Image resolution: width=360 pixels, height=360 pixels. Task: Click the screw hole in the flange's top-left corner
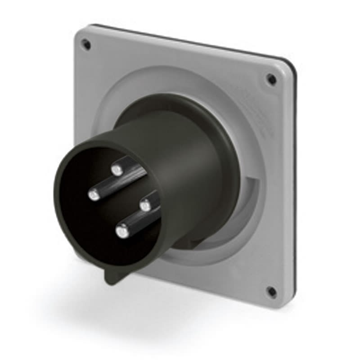pyautogui.click(x=86, y=44)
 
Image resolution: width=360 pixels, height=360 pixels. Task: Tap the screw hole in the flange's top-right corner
pyautogui.click(x=271, y=80)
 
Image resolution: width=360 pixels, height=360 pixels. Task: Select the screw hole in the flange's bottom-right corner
pyautogui.click(x=271, y=291)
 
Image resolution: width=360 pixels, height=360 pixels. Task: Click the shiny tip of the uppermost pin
pyautogui.click(x=117, y=170)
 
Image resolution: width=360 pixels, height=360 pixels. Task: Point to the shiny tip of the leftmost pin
pyautogui.click(x=94, y=194)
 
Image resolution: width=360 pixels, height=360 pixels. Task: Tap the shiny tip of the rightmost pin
pyautogui.click(x=144, y=206)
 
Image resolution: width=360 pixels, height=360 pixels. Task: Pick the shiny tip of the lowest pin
pyautogui.click(x=121, y=232)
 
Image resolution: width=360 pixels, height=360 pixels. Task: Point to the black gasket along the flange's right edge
pyautogui.click(x=295, y=180)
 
